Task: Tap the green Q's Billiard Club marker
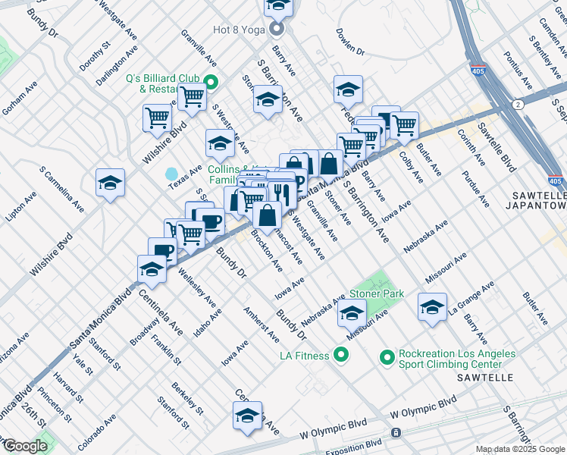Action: point(212,83)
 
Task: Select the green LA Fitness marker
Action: point(341,355)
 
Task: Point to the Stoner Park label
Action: point(377,293)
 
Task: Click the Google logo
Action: point(24,445)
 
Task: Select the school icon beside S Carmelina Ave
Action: point(111,183)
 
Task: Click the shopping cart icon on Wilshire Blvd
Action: point(158,118)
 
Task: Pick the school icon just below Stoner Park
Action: point(352,312)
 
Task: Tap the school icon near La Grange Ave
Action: point(432,307)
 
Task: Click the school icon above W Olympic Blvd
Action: point(247,416)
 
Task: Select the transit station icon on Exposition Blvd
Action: point(395,433)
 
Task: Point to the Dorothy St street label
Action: point(95,58)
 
